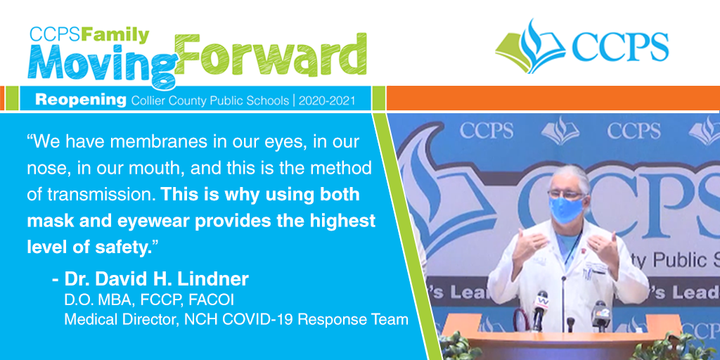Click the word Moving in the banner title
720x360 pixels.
click(98, 67)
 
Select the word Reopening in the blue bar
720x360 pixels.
click(80, 101)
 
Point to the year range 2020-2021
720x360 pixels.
click(326, 101)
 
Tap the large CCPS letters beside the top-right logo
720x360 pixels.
click(620, 48)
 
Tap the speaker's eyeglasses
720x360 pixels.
click(566, 192)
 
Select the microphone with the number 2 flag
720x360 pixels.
click(600, 313)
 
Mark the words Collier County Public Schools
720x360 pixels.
click(210, 101)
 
